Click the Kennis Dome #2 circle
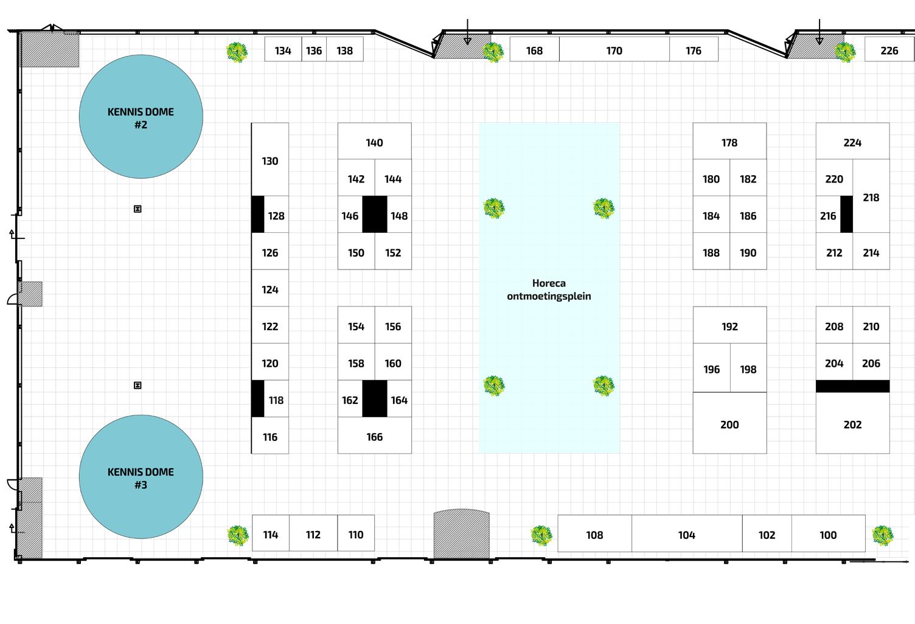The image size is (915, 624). [x=141, y=117]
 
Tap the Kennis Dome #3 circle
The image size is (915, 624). [x=141, y=477]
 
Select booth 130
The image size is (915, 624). [x=270, y=161]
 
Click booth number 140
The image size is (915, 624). [x=374, y=142]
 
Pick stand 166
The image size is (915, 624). [x=374, y=437]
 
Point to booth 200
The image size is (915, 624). [x=729, y=425]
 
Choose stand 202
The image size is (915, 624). [x=852, y=425]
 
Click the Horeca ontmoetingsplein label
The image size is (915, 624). [x=549, y=289]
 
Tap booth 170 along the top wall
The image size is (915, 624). [x=614, y=50]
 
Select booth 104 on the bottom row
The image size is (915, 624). [x=686, y=535]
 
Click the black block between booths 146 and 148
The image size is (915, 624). [x=374, y=214]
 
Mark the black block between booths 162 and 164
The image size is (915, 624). [x=374, y=398]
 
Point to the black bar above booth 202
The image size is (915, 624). [x=852, y=386]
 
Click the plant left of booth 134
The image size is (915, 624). [x=237, y=52]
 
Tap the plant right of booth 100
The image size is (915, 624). [x=882, y=535]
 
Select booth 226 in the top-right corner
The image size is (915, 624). [x=889, y=50]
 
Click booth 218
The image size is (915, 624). [x=871, y=197]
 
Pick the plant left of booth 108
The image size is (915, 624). [x=541, y=535]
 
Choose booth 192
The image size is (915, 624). [x=729, y=326]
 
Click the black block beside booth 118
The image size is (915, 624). [x=258, y=398]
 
